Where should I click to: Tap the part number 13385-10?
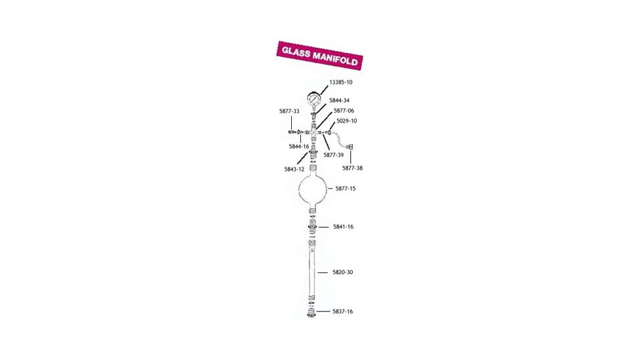coord(340,82)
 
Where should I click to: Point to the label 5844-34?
coord(339,101)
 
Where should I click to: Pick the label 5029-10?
coord(346,121)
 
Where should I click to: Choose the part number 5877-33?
coord(289,111)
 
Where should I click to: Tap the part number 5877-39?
coord(334,155)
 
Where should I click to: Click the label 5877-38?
coord(352,168)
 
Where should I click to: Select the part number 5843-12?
coord(294,169)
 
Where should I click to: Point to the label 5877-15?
coord(346,189)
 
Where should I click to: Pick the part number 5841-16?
coord(343,226)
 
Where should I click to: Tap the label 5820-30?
coord(342,272)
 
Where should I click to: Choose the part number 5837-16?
coord(342,312)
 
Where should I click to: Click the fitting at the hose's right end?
coord(350,147)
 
